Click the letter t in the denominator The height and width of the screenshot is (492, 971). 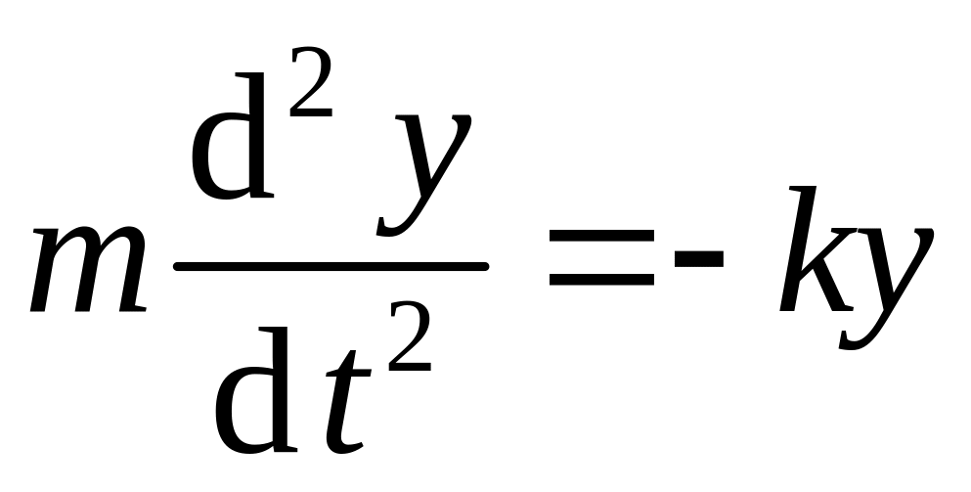(x=338, y=401)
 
